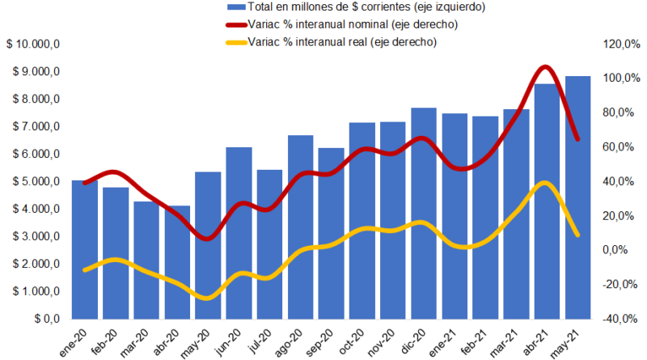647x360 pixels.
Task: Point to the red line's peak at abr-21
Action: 546,68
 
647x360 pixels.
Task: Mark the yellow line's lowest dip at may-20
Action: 208,298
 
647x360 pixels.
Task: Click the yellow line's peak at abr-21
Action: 546,184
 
